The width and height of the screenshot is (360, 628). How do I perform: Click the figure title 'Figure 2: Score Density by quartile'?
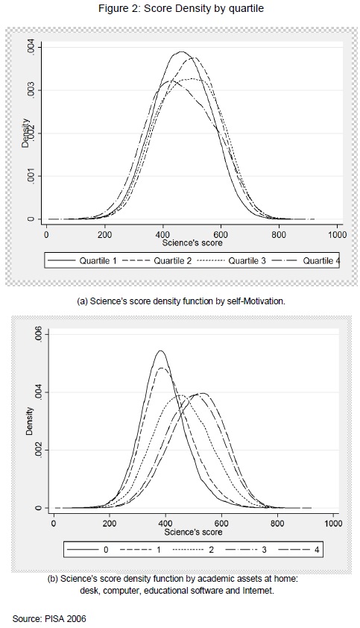pos(181,8)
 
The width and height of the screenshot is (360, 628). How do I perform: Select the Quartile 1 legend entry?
pos(82,261)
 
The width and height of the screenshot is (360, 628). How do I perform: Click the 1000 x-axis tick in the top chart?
pos(337,235)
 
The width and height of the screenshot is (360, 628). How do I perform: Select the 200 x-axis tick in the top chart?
pos(105,235)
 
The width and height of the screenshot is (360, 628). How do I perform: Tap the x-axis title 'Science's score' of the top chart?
pos(192,242)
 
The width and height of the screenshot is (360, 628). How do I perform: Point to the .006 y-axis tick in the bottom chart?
pos(39,334)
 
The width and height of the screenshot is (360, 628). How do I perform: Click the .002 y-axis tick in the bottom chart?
pos(39,450)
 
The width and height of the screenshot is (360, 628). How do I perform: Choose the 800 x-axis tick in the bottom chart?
pos(277,524)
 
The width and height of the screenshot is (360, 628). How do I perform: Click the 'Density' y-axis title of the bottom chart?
pos(30,421)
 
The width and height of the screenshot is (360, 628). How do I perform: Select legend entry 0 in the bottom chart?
pos(88,550)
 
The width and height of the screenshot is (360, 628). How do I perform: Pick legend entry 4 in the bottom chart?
pos(299,550)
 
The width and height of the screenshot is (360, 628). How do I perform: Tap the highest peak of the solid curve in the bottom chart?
pos(161,351)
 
